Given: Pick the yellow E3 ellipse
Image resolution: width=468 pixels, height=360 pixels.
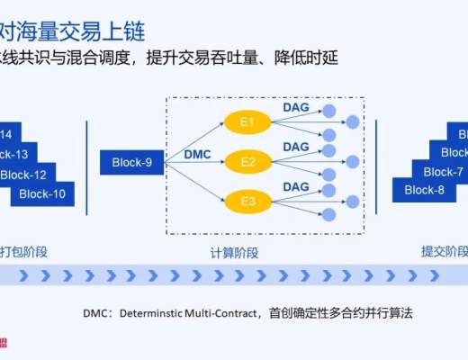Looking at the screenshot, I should pyautogui.click(x=247, y=202).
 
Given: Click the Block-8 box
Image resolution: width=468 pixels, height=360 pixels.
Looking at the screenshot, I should pyautogui.click(x=425, y=190).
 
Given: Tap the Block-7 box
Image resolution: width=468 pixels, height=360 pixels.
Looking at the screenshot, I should pyautogui.click(x=443, y=172).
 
